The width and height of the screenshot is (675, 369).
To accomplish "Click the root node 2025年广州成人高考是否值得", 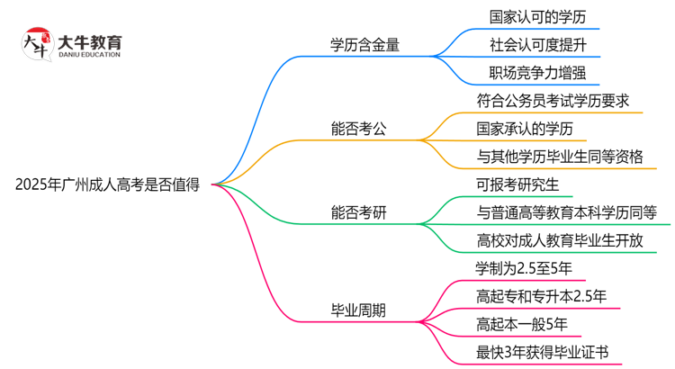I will pyautogui.click(x=107, y=184).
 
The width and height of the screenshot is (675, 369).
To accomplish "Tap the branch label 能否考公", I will pyautogui.click(x=359, y=128).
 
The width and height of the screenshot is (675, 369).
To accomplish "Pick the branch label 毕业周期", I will pyautogui.click(x=359, y=310).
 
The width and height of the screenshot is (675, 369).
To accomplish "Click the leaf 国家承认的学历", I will pyautogui.click(x=525, y=128).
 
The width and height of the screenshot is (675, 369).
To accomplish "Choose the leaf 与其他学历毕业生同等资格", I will pyautogui.click(x=559, y=157).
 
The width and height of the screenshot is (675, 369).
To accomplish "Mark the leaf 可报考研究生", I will pyautogui.click(x=517, y=184).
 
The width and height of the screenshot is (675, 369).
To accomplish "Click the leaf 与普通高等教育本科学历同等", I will pyautogui.click(x=566, y=212).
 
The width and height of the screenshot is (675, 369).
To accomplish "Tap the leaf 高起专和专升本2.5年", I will pyautogui.click(x=541, y=296).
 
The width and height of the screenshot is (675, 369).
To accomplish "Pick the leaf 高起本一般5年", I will pyautogui.click(x=521, y=324).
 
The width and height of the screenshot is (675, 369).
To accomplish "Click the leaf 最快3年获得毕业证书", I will pyautogui.click(x=542, y=352).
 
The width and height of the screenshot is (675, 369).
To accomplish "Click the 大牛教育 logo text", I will pyautogui.click(x=89, y=45).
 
